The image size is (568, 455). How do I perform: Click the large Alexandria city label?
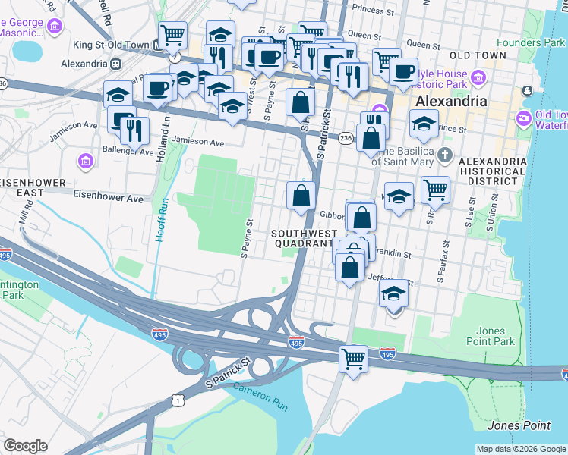(x=451, y=102)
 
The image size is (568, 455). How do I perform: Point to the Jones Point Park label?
(x=495, y=336)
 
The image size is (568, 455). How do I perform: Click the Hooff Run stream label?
(x=161, y=220)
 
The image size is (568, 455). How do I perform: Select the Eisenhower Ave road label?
(x=108, y=199)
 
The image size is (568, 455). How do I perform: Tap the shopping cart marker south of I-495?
(x=353, y=359)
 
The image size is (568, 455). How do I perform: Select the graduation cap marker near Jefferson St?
(x=393, y=293)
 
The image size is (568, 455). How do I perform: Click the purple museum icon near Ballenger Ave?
(x=84, y=161)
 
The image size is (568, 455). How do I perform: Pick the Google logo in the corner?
(x=25, y=447)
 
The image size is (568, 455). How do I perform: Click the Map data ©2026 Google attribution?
(x=520, y=449)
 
